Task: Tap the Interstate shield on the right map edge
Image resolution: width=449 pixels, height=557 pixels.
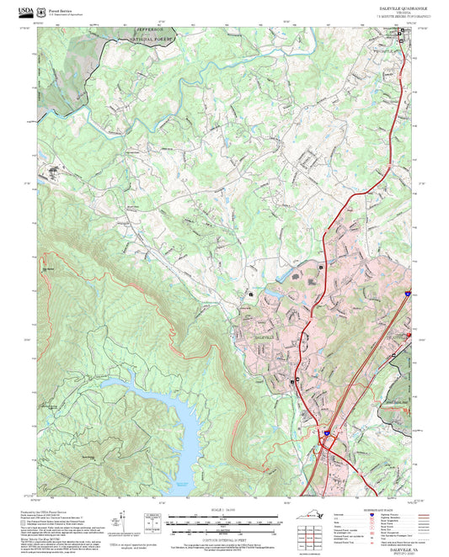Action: click(406, 294)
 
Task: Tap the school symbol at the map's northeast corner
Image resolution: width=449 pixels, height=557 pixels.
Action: click(402, 32)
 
